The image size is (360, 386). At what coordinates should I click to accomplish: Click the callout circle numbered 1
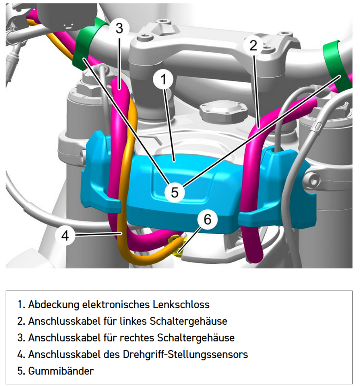(x=163, y=79)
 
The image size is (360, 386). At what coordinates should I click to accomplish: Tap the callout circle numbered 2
(x=253, y=46)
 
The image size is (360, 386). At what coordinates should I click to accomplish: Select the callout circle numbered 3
(x=119, y=28)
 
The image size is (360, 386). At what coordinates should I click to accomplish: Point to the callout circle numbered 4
(x=65, y=236)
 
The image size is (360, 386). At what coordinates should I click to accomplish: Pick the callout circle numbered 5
(x=174, y=192)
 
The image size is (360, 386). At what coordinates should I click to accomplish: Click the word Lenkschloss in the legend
(x=181, y=305)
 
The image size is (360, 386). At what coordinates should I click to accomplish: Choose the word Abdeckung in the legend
(x=54, y=305)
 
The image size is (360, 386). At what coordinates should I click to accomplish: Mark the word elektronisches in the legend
(x=116, y=305)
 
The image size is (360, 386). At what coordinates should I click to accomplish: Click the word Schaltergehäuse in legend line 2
(x=188, y=321)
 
